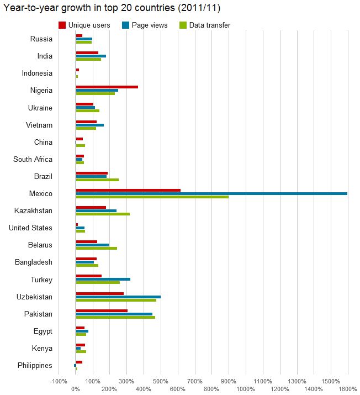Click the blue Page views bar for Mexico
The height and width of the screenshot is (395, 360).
tap(211, 193)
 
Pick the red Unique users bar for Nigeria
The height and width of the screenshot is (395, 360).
tap(107, 87)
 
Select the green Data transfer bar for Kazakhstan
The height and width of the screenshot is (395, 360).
tap(103, 214)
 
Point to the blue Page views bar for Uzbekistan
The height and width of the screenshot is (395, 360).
tap(118, 297)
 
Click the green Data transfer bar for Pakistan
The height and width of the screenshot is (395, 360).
tap(115, 317)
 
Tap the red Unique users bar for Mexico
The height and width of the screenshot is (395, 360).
tap(128, 190)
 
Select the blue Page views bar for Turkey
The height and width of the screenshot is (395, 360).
tap(103, 279)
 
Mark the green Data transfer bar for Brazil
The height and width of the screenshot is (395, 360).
tap(97, 180)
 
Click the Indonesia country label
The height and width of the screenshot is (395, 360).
tap(37, 73)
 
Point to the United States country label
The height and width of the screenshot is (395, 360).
tap(30, 228)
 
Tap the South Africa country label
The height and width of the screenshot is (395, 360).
tap(33, 160)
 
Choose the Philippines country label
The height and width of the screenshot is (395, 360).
tap(35, 366)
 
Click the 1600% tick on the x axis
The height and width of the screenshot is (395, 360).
tap(348, 389)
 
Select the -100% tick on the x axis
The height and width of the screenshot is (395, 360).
tap(59, 381)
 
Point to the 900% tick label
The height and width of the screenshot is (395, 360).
tap(229, 381)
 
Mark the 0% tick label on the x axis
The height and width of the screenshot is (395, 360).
tap(76, 389)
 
